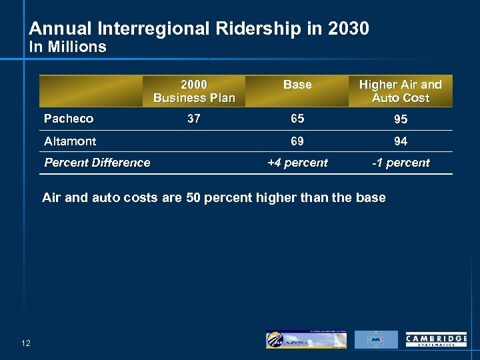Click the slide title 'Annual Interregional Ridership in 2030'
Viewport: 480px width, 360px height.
tap(199, 29)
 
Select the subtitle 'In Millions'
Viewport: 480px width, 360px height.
tap(67, 47)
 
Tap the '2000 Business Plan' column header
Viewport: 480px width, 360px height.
tap(194, 91)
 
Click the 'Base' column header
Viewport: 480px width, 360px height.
tap(297, 85)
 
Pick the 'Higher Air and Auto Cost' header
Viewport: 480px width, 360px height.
tap(400, 91)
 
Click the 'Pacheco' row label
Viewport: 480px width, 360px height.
tap(69, 119)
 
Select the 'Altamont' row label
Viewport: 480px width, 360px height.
tap(70, 141)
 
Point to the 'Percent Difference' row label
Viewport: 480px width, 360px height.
tap(97, 163)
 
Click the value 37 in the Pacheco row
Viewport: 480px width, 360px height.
tap(194, 119)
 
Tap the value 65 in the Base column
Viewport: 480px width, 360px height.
tap(297, 119)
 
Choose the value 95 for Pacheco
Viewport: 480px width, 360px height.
tap(401, 119)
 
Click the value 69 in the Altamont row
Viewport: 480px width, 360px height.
tap(297, 141)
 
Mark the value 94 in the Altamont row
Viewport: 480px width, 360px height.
tap(401, 141)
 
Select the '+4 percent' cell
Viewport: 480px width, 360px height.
tap(297, 163)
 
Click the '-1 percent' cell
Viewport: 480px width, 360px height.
tap(401, 163)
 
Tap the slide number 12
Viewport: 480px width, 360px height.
tap(26, 343)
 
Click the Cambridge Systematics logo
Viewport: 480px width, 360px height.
tap(436, 340)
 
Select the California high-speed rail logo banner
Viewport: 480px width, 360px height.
tap(306, 339)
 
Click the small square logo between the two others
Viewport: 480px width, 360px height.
tap(376, 339)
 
